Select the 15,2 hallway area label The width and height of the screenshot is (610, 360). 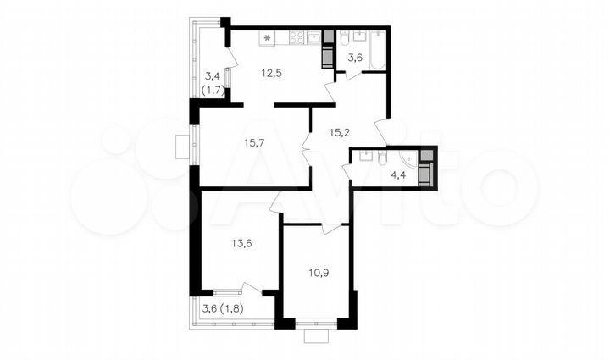click(341, 130)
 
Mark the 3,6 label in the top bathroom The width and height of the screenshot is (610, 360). click(355, 58)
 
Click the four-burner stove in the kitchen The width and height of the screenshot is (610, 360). click(297, 37)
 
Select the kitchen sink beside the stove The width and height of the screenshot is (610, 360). click(314, 37)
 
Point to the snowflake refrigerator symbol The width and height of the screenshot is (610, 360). click(268, 37)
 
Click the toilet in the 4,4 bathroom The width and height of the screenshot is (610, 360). click(382, 158)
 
